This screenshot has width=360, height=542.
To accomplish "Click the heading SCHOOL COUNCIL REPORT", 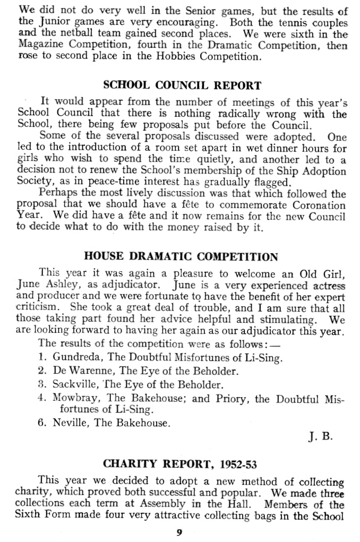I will tap(182, 85).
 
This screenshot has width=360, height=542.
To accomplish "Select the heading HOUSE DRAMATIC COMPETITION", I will tap(182, 257).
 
